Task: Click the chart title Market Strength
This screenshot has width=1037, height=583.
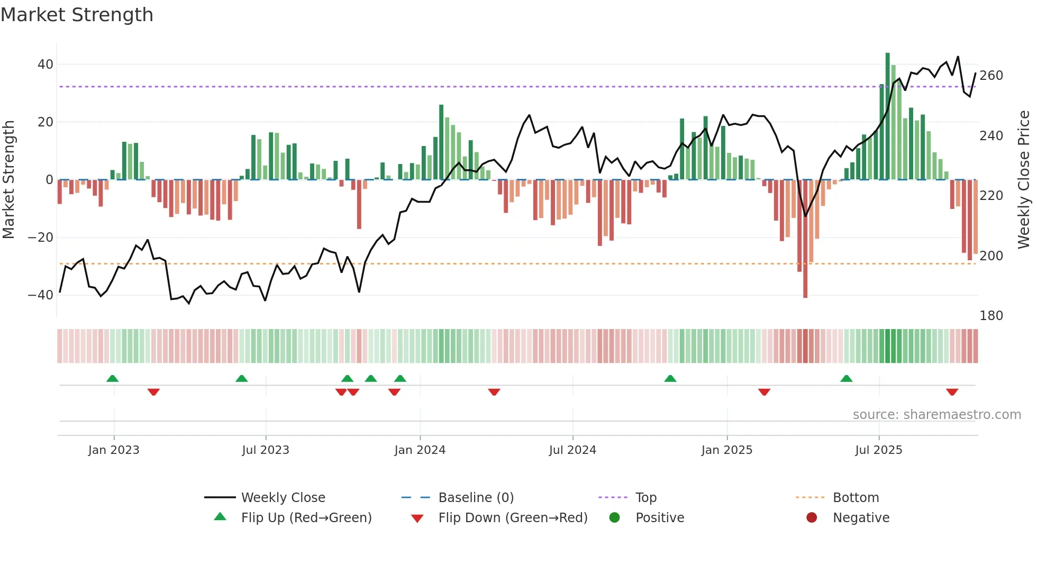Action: (x=77, y=15)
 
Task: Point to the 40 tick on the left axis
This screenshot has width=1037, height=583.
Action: (x=46, y=65)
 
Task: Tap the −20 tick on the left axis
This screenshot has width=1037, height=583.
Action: (x=41, y=238)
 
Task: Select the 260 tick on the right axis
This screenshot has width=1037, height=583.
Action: (x=991, y=76)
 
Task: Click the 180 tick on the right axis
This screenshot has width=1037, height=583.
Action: (x=991, y=316)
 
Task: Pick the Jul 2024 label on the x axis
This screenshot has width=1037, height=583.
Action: (x=572, y=450)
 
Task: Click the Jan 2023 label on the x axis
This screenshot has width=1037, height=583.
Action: (x=114, y=450)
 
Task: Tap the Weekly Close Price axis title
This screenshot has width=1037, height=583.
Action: (x=1024, y=180)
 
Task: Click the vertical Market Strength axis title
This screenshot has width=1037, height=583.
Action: (x=9, y=180)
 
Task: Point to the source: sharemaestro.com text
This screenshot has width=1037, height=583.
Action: (x=936, y=415)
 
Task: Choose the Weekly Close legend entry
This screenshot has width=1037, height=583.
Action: (x=283, y=498)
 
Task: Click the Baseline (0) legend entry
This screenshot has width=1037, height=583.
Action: (x=476, y=498)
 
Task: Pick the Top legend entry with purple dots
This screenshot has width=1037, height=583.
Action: (x=645, y=498)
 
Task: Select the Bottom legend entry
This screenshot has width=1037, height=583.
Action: (x=856, y=498)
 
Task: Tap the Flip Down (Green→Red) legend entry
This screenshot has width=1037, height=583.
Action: (x=512, y=518)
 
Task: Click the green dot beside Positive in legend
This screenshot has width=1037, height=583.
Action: (x=614, y=517)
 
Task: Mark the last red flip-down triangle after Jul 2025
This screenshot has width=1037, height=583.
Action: (x=952, y=392)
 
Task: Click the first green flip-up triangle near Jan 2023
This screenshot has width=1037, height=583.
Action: (x=112, y=378)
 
